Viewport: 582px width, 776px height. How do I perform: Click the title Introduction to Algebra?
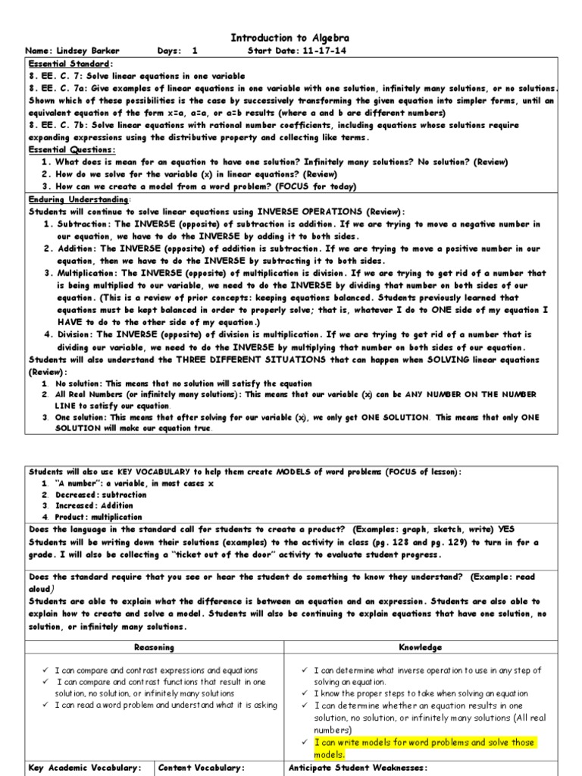[290, 38]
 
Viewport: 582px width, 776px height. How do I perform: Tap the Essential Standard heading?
[70, 64]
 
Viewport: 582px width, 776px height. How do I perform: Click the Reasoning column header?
[154, 647]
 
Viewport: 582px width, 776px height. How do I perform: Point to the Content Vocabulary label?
[201, 768]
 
